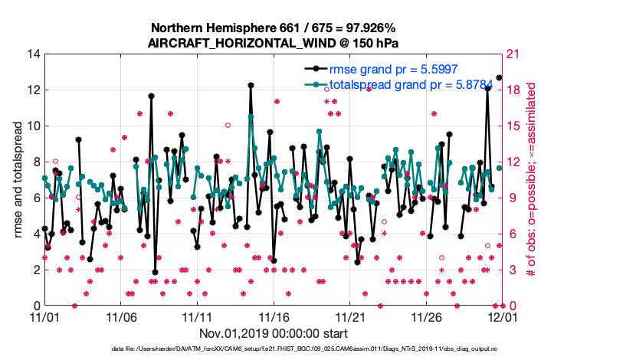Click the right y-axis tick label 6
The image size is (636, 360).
point(511,234)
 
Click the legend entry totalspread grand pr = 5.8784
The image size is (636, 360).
point(395,85)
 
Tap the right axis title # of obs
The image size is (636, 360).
point(529,179)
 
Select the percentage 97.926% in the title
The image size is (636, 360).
point(372,28)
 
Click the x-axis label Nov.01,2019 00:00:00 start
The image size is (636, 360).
point(273,333)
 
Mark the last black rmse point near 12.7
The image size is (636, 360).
point(499,77)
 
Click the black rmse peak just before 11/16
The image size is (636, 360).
point(251,86)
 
